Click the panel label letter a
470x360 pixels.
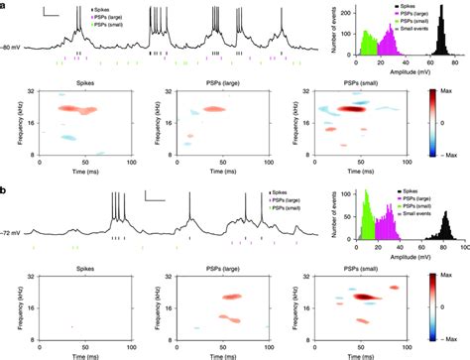click(x=5, y=5)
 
